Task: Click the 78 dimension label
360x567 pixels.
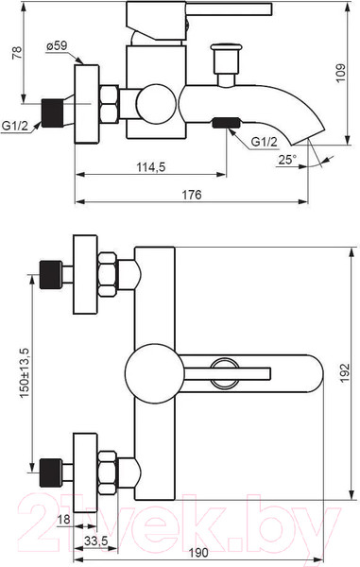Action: coord(17,52)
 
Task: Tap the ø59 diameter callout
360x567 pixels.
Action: coord(57,46)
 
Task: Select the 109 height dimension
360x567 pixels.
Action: coord(340,73)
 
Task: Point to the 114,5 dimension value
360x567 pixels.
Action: coord(151,167)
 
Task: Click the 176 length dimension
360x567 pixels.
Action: coord(191,195)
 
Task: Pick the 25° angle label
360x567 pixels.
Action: coord(287,159)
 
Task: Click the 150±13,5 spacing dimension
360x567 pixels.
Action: coord(26,372)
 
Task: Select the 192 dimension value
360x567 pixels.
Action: coord(345,373)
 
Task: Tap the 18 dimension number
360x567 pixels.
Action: coord(64,519)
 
